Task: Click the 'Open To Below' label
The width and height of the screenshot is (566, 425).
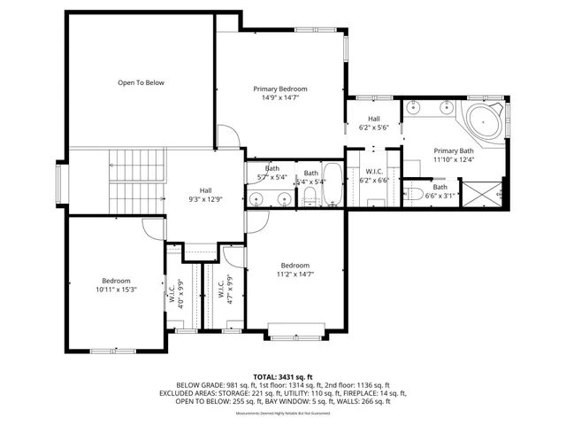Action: [141, 82]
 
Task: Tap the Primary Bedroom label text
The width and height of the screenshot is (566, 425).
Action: [280, 89]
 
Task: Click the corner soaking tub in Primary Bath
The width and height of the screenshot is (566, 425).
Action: [484, 120]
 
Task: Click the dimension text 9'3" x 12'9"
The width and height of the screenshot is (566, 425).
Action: [205, 199]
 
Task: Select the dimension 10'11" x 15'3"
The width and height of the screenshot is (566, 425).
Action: [116, 290]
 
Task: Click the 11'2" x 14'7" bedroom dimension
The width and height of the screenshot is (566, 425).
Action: [295, 275]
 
